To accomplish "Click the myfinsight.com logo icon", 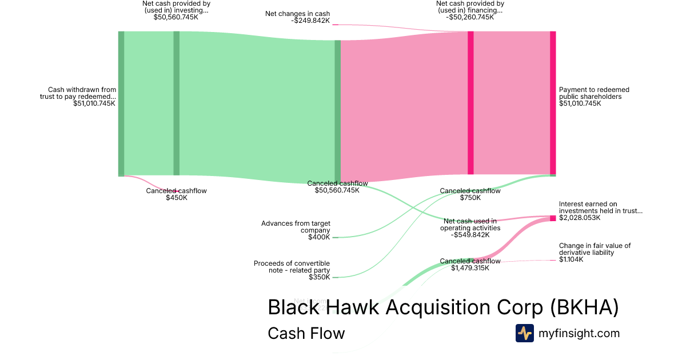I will (x=524, y=333).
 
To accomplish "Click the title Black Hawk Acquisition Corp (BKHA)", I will (x=443, y=307).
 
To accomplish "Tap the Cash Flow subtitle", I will (x=306, y=333).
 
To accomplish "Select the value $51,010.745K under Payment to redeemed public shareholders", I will (x=580, y=103).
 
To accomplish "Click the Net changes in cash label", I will (x=297, y=14).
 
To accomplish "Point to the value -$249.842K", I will (x=310, y=21).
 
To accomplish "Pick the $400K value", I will (x=319, y=237).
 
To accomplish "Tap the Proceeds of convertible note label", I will (x=292, y=267).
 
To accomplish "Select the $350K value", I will (x=319, y=277).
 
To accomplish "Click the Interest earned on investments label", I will (x=600, y=207).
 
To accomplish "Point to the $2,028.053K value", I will (x=580, y=218).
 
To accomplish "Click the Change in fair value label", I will (x=595, y=249).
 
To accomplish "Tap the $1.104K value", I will (x=571, y=259).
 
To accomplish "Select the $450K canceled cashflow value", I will (x=176, y=198).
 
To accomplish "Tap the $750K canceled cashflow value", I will (x=470, y=198).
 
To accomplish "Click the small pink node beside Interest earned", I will (x=553, y=218).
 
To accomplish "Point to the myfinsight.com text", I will (x=579, y=333).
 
